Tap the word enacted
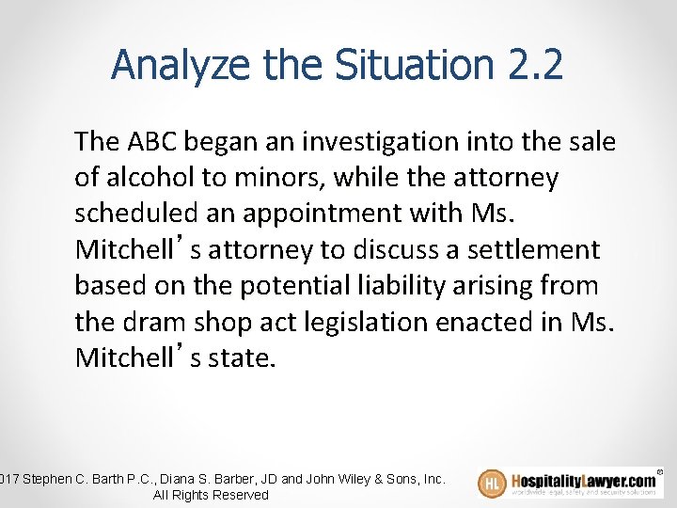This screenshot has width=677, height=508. point(484,322)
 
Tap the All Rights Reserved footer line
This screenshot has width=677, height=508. point(210,495)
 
